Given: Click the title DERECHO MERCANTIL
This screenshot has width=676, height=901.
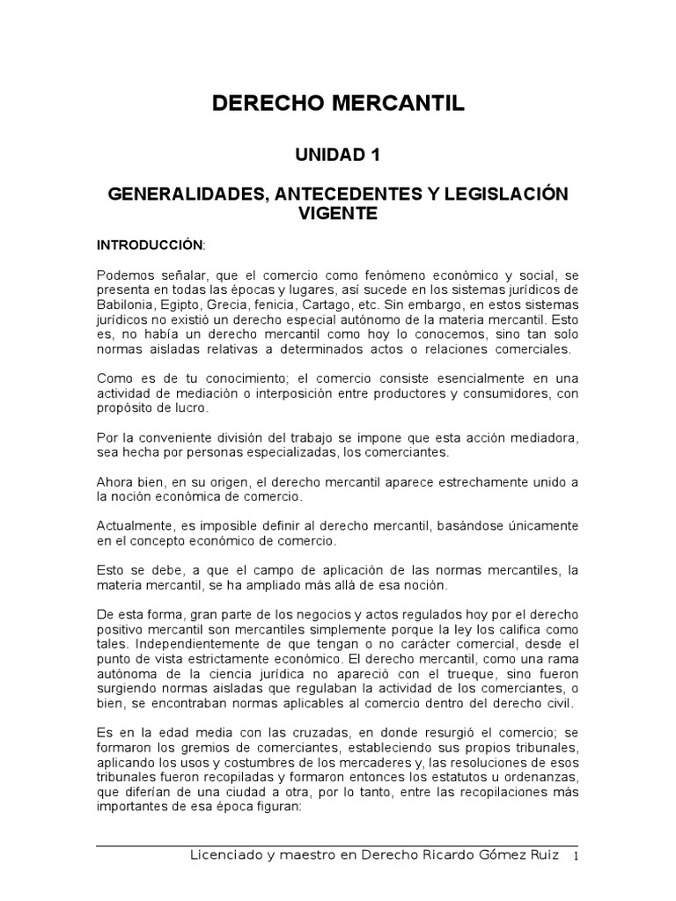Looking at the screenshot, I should pos(338,104).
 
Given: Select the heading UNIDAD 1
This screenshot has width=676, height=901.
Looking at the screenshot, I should pos(338,155).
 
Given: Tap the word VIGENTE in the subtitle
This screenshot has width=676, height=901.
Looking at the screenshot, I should pos(338,214).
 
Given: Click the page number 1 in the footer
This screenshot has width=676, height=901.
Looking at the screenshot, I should pos(576,857).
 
